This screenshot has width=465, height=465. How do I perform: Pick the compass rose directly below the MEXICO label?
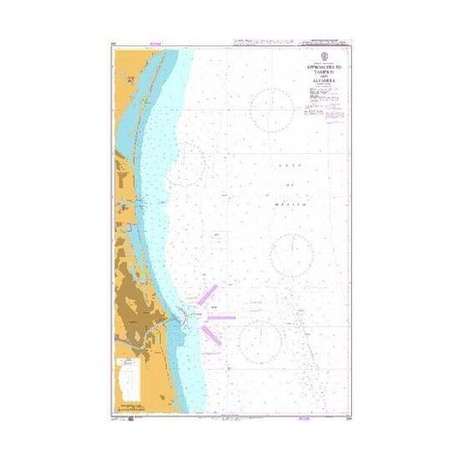292,254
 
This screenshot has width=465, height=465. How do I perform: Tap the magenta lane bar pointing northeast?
208,295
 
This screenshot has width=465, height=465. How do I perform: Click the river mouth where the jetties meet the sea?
178,316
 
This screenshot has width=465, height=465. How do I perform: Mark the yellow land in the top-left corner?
121,63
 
